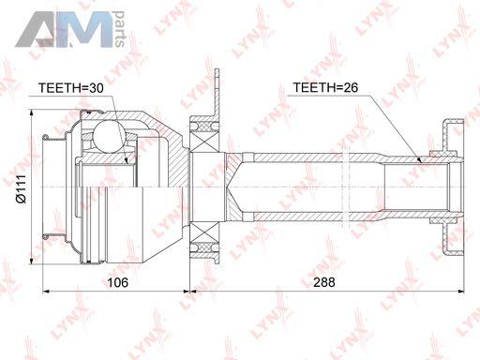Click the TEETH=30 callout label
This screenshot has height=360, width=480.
[x=70, y=88]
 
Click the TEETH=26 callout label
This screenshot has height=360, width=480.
[x=325, y=87]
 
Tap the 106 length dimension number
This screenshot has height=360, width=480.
[x=117, y=282]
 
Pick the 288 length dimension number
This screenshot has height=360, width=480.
[x=324, y=282]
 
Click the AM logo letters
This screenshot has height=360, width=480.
[x=64, y=30]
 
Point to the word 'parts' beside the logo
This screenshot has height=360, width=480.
[x=120, y=29]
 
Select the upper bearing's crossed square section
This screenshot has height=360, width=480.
[x=204, y=141]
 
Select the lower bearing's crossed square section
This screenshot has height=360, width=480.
[x=204, y=233]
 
